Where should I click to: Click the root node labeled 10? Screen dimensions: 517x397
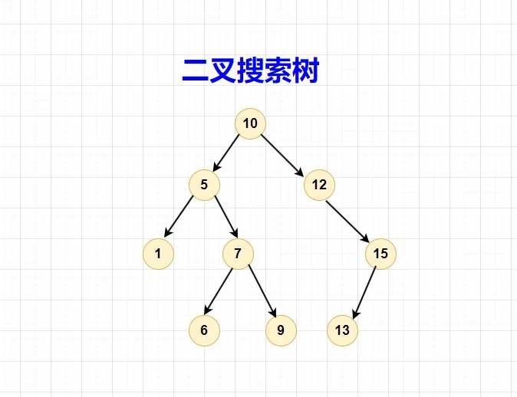[250, 123]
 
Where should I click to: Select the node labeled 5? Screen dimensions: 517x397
[204, 184]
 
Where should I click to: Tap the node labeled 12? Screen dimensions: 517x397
[319, 184]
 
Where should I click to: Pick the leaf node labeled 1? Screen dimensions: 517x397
[158, 254]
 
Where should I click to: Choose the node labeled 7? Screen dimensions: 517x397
[238, 254]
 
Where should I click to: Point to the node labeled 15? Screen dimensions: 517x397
[380, 254]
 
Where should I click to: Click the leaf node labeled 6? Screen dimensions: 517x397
[204, 330]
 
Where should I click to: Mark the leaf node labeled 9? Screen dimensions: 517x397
[281, 330]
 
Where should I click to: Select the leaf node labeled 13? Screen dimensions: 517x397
[342, 330]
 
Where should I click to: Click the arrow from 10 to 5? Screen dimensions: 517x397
[227, 153]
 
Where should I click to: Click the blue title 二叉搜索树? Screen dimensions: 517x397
[250, 71]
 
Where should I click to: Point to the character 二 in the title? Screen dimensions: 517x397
[196, 71]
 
